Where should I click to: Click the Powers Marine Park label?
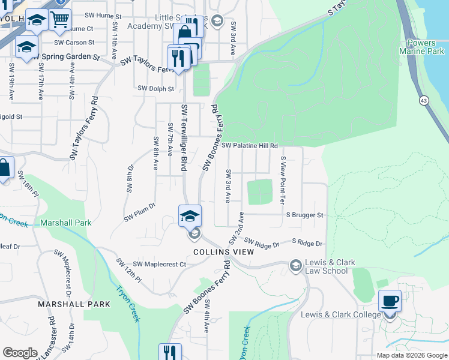(425, 47)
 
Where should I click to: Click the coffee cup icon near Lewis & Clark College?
(390, 300)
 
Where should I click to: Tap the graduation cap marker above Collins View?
(190, 215)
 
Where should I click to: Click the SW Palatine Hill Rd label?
(250, 146)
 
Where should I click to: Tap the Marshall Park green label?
(66, 223)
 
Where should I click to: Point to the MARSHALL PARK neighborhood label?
(74, 304)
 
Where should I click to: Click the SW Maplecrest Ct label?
(160, 264)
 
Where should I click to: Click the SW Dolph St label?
(155, 89)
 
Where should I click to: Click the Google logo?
(20, 353)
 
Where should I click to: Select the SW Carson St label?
(74, 43)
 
